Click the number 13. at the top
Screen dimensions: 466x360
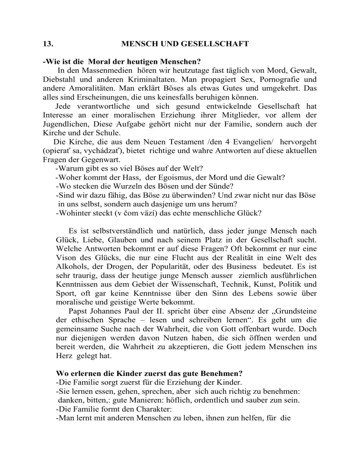pyautogui.click(x=45, y=45)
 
